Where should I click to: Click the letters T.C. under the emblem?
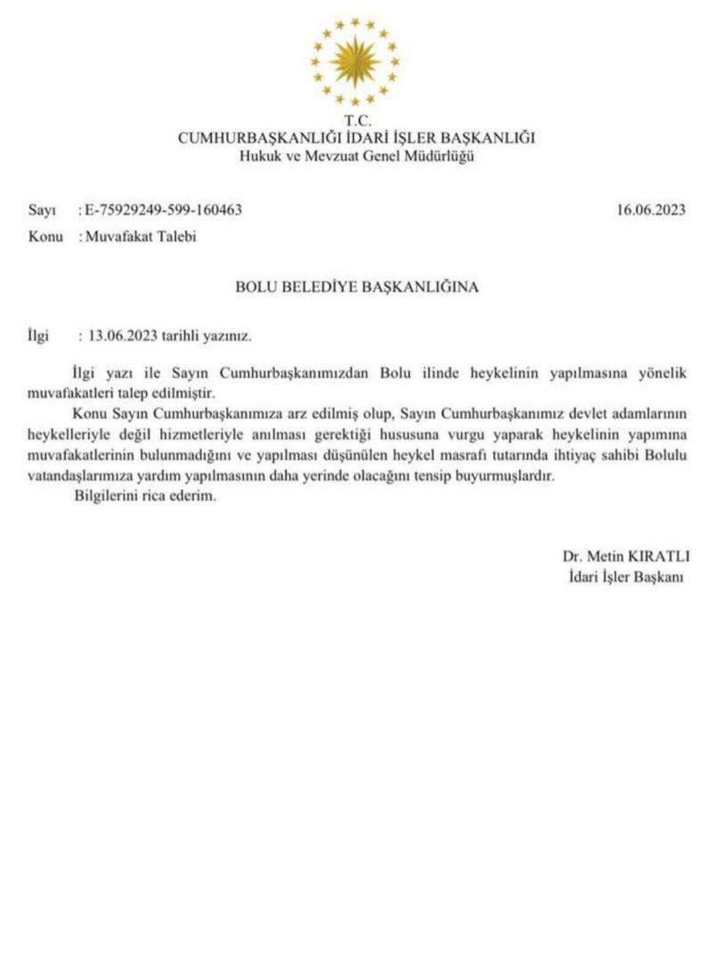[356, 120]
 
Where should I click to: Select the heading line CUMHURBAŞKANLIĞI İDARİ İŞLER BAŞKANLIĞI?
[356, 138]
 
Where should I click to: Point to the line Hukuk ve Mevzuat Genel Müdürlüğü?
[356, 156]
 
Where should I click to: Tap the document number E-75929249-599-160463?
[163, 210]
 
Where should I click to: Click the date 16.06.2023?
[650, 210]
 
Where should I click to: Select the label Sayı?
[43, 210]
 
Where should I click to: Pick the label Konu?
[45, 236]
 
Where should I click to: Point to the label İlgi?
[41, 338]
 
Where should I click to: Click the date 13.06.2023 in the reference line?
[123, 338]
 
